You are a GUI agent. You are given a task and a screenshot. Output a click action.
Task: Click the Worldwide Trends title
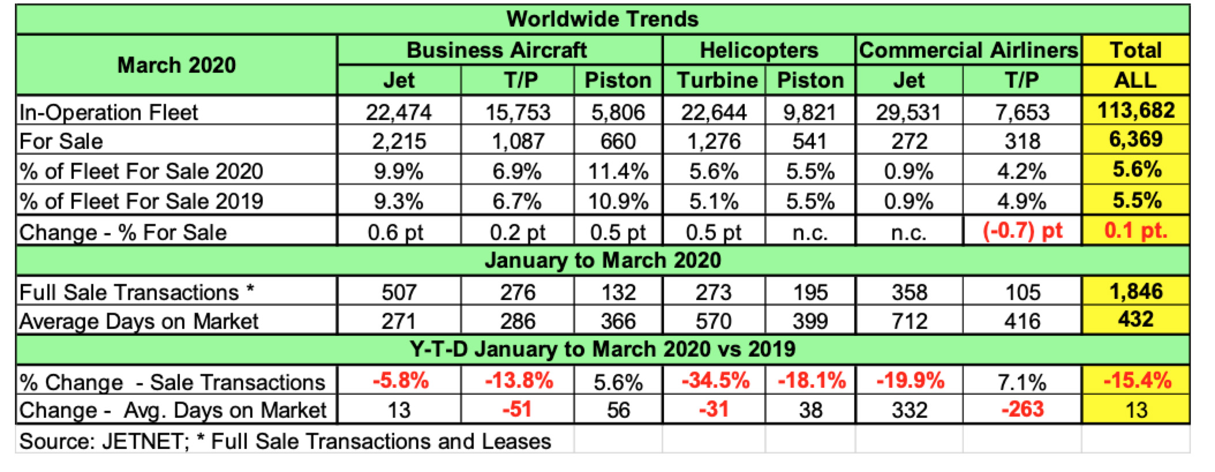602,20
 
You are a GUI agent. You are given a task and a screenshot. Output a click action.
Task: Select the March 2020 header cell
176,65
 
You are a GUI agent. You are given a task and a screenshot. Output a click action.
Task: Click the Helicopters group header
759,50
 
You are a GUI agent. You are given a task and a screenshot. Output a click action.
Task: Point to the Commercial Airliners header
968,50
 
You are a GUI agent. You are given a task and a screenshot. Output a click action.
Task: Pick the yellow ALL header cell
1135,80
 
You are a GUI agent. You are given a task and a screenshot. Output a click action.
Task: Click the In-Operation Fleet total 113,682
1135,110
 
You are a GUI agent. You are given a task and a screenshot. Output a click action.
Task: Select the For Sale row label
61,141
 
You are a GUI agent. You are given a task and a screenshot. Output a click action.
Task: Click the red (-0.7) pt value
1022,231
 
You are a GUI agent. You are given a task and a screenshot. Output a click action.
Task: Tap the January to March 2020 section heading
602,260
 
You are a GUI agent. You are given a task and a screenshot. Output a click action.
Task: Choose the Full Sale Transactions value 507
399,292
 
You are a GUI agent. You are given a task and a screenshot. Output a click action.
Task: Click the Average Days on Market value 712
910,321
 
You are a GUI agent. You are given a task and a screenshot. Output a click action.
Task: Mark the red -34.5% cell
715,381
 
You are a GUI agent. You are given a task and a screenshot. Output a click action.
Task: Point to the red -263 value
1022,410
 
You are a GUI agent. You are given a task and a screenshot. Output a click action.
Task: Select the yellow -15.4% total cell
1135,381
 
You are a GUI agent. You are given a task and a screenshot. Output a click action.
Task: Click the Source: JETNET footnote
285,441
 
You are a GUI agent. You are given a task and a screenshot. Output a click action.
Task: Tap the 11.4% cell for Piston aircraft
618,171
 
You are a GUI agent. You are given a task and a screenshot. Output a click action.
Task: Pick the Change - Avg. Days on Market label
173,410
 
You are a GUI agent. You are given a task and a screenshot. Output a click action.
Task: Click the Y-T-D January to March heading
602,349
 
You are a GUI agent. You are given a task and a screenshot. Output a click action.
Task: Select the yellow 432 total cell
1135,320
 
